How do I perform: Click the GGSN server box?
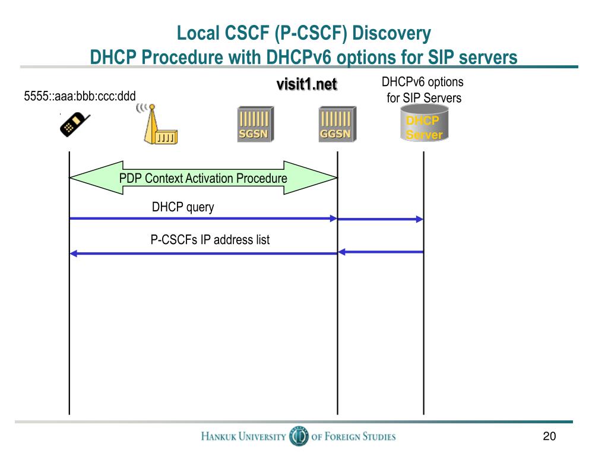click(336, 123)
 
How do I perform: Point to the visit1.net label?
click(306, 85)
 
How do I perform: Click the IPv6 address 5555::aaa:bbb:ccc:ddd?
click(80, 95)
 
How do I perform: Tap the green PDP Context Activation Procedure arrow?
click(203, 178)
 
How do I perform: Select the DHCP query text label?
click(183, 207)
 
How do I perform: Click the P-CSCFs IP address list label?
click(210, 240)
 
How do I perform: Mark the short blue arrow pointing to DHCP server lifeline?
click(380, 219)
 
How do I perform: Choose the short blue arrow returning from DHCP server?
click(380, 252)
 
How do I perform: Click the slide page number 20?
click(549, 437)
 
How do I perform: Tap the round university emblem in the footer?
click(298, 436)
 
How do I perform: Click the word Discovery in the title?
click(392, 34)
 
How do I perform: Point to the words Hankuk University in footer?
click(243, 437)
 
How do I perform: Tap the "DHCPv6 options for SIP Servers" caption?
click(423, 90)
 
